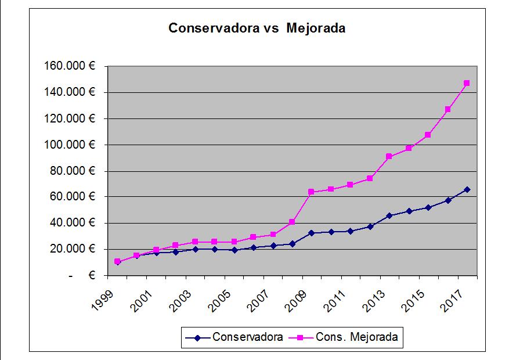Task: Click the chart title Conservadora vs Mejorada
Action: pyautogui.click(x=257, y=28)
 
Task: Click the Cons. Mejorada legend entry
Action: pyautogui.click(x=356, y=337)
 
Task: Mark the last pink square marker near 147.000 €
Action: pyautogui.click(x=467, y=83)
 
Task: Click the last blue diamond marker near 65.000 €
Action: pyautogui.click(x=467, y=189)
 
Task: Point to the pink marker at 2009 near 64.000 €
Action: pyautogui.click(x=311, y=192)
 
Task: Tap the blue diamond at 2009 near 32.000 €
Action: pyautogui.click(x=311, y=233)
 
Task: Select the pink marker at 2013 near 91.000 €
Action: pyautogui.click(x=389, y=157)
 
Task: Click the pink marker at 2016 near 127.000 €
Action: pyautogui.click(x=447, y=109)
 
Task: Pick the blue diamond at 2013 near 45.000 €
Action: pyautogui.click(x=389, y=215)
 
